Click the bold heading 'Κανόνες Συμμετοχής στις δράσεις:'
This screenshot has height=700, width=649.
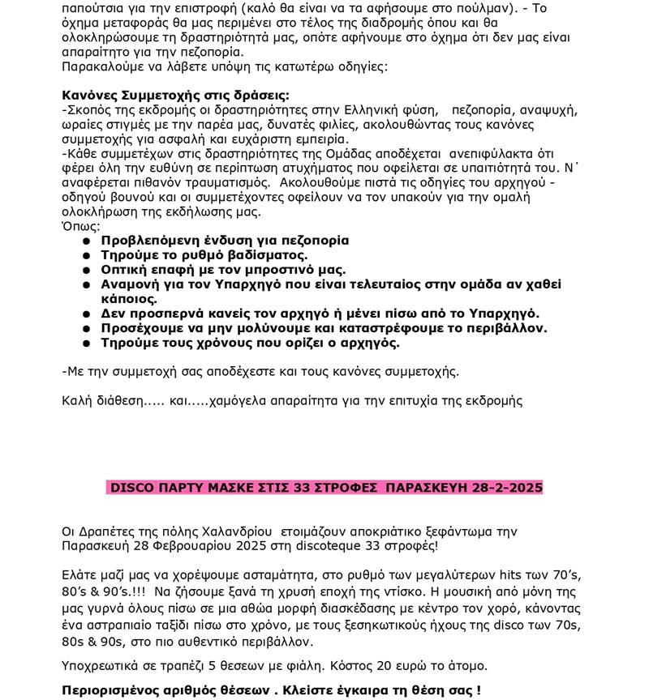point(175,95)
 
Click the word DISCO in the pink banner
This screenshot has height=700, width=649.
point(131,488)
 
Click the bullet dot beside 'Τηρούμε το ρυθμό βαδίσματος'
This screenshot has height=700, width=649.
point(86,256)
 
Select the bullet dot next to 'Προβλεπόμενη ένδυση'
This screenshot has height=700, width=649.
point(86,241)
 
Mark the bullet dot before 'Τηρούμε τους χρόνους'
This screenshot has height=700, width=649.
point(86,344)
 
